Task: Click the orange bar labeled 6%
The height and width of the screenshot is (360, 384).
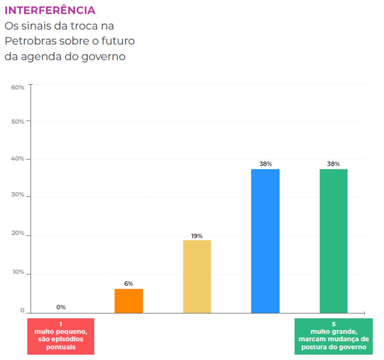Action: coord(129,301)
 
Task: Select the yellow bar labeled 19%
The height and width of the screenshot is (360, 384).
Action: coord(197,276)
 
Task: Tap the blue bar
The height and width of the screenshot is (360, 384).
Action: coord(265,241)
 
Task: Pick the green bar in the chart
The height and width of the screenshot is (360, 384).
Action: coord(333,241)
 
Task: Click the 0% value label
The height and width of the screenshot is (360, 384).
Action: coord(61,307)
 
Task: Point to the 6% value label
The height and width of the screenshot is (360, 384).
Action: coord(129,284)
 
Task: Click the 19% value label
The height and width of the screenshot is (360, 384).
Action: coord(197,236)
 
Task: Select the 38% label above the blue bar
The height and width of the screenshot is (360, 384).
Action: coord(265,164)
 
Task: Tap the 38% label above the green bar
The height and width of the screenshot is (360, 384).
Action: coord(333,164)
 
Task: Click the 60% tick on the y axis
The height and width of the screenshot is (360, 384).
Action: coord(18,87)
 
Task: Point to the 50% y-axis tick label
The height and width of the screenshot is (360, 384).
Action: coord(18,122)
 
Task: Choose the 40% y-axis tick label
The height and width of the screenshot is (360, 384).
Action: coord(18,159)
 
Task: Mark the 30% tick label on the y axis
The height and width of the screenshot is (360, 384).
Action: coord(18,195)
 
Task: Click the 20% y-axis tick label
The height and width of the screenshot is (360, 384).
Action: coord(18,233)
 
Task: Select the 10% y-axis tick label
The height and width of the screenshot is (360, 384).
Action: coord(18,272)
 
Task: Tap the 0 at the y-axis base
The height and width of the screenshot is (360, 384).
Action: coord(22,311)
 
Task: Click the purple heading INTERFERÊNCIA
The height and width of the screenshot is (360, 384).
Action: coord(50,11)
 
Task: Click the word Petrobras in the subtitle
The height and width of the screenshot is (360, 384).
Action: coord(30,41)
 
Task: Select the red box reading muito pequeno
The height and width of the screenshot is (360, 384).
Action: coord(61,336)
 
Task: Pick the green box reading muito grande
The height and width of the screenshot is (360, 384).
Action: coord(333,336)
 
